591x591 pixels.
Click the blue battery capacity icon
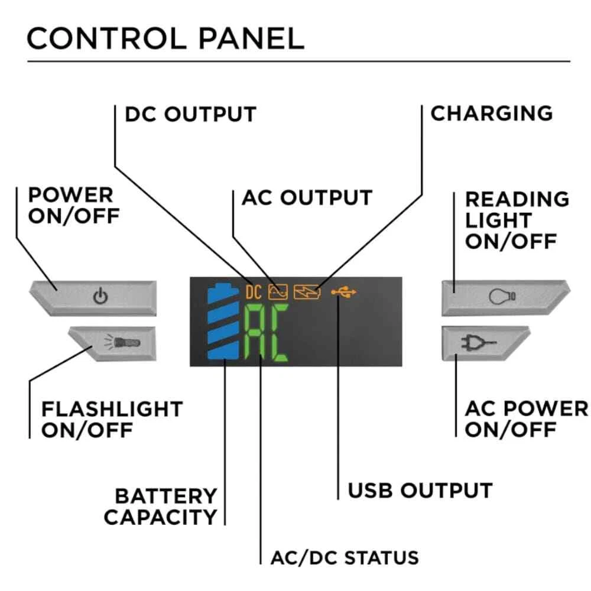click(223, 322)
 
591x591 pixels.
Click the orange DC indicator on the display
click(254, 291)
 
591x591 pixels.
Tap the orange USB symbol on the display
click(344, 291)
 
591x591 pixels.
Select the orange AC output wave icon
click(277, 291)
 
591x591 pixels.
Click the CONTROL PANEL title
click(165, 38)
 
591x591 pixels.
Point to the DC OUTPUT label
click(190, 114)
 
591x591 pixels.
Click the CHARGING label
click(491, 113)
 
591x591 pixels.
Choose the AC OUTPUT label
click(307, 197)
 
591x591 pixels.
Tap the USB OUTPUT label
click(420, 490)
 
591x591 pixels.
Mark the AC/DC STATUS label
click(345, 557)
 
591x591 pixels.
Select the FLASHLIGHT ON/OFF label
click(111, 419)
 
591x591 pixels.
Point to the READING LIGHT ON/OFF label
click(516, 220)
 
